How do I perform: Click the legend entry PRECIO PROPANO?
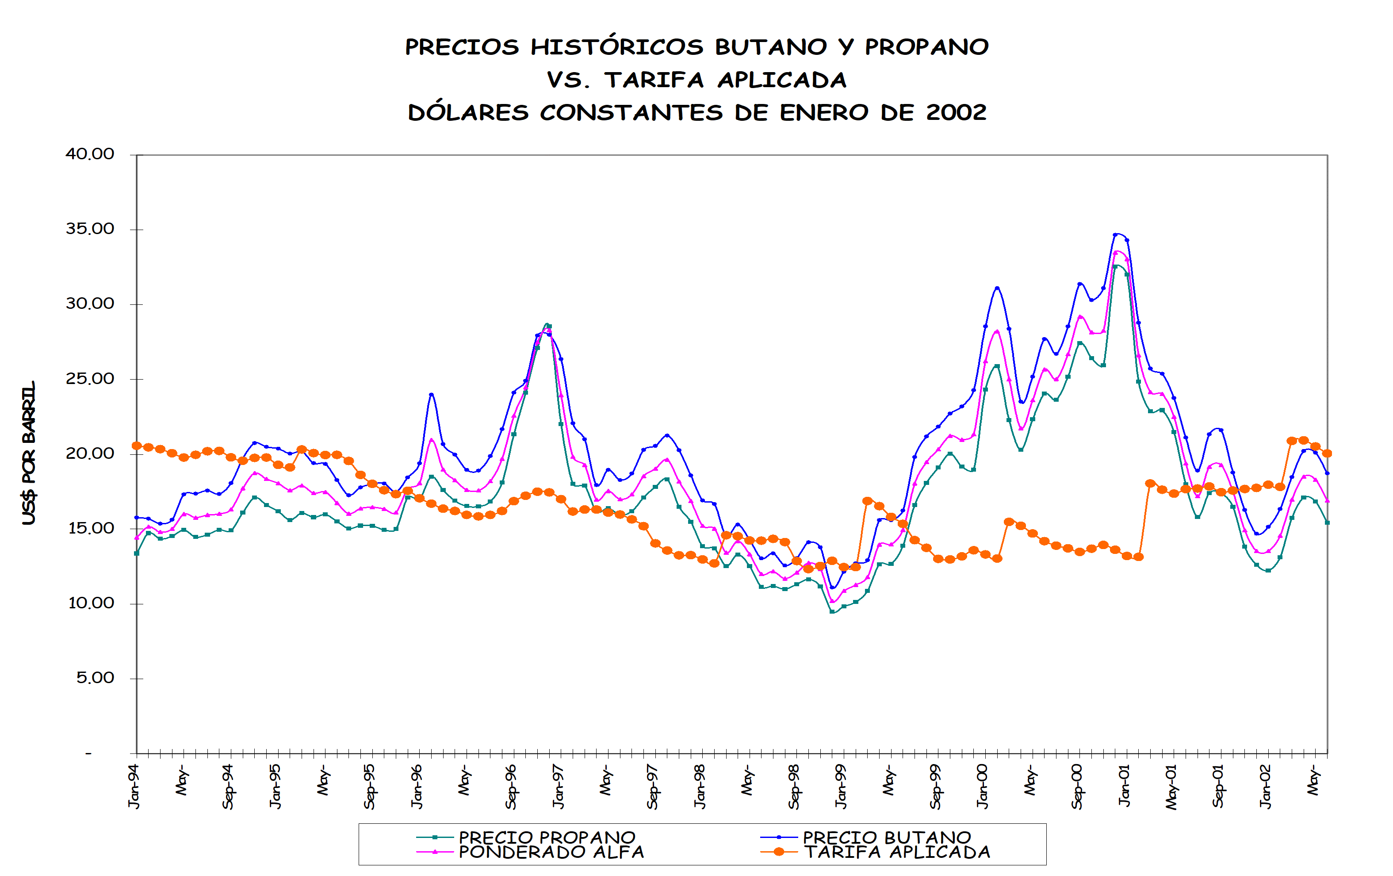click(547, 837)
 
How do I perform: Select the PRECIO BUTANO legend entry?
click(886, 837)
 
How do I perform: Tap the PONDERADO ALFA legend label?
click(551, 852)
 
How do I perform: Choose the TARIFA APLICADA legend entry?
click(897, 852)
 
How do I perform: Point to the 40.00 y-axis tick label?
click(90, 154)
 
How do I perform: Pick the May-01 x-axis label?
click(1171, 787)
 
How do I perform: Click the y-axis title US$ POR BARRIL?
click(29, 453)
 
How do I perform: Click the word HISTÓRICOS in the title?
click(616, 47)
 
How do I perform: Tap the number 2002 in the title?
click(956, 112)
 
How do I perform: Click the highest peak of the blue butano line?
click(1116, 234)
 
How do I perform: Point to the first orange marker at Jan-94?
click(137, 446)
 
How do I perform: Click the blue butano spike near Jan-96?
click(432, 395)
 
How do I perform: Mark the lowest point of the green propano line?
click(832, 611)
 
